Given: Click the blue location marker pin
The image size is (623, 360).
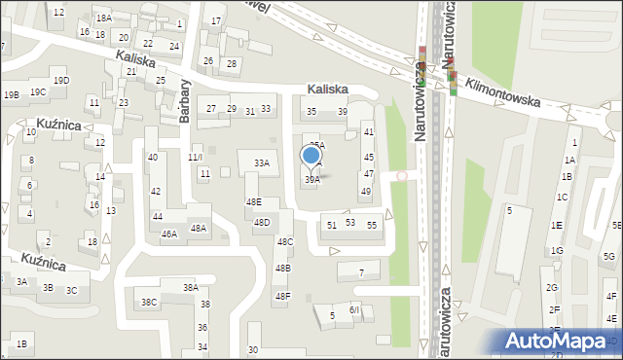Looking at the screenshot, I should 311,156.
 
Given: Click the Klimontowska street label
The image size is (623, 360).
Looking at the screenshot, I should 501,93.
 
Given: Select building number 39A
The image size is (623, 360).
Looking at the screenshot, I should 311,179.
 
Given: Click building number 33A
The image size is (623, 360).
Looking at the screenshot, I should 261,163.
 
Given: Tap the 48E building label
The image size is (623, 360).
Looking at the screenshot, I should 253,201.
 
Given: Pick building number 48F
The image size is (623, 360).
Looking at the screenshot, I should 282,296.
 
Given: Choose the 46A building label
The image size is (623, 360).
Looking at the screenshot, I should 169,234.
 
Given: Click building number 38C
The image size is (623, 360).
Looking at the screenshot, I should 149,303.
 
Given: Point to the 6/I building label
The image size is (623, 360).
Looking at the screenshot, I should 354,309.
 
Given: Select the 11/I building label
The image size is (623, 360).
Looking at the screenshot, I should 196,157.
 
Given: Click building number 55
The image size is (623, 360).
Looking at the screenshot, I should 372,225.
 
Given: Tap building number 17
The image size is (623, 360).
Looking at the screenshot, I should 216,20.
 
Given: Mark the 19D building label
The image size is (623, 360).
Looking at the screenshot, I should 61,80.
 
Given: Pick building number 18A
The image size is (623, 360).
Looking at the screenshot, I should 103,18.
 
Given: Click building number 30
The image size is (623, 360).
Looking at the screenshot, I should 253,349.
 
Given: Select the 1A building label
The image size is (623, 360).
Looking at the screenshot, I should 571,160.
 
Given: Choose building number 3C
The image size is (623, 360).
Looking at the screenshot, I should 71,290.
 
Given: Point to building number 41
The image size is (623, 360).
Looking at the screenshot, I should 368,130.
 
